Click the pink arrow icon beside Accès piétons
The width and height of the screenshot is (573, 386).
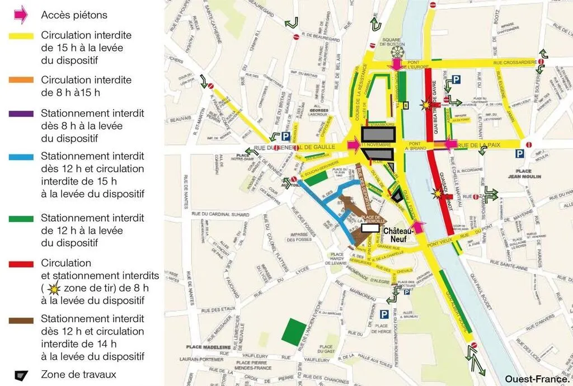point(20,15)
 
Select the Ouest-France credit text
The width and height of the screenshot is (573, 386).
point(536,379)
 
